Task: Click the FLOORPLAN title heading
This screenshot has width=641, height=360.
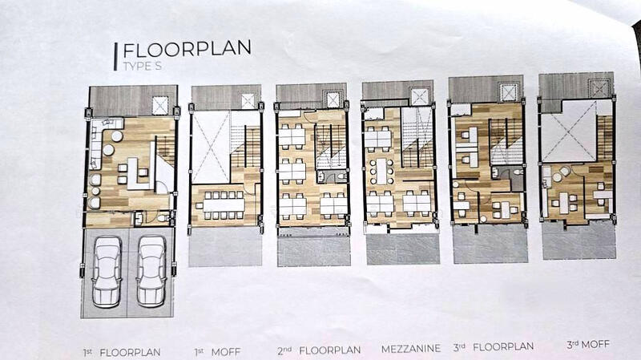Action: (x=187, y=50)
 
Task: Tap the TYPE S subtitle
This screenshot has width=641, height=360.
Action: (x=143, y=66)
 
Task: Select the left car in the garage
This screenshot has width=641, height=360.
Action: (x=107, y=271)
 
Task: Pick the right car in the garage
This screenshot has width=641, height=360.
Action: (x=151, y=271)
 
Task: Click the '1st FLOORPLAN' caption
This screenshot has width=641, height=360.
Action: (x=122, y=352)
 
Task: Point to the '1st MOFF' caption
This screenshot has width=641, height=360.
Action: (x=217, y=352)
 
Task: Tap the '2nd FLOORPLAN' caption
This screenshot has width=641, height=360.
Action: (x=319, y=350)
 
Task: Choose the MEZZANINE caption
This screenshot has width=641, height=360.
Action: (x=411, y=349)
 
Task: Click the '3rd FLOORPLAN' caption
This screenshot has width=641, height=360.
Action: (x=493, y=347)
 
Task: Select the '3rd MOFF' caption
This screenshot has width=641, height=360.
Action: (x=588, y=345)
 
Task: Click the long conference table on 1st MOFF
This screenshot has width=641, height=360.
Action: (x=224, y=204)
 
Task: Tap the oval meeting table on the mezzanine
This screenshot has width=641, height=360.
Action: (x=381, y=171)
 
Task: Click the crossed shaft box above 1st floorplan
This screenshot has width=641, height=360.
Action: (x=160, y=106)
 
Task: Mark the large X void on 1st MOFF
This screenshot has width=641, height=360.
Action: (x=211, y=148)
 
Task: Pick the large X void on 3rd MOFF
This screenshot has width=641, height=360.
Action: (x=568, y=131)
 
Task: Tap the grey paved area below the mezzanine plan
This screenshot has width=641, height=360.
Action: (x=403, y=249)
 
